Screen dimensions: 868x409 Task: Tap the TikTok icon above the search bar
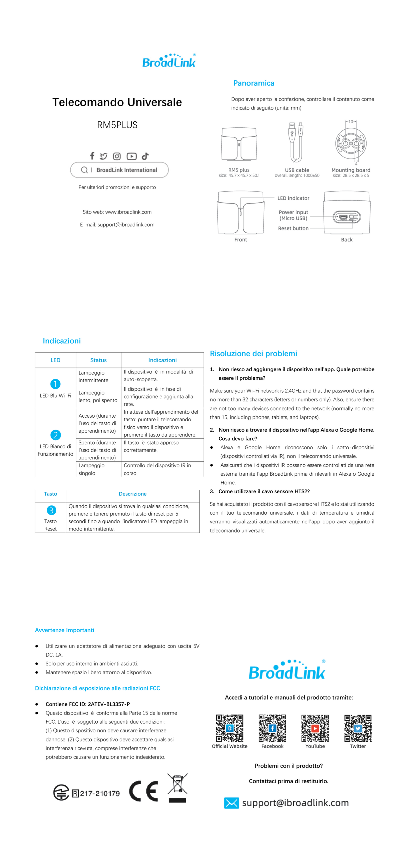tap(145, 156)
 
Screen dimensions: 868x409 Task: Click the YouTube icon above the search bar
tap(131, 156)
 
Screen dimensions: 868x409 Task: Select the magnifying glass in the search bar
tap(84, 170)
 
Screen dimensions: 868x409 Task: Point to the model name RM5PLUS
tap(117, 125)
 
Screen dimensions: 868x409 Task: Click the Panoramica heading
tap(253, 83)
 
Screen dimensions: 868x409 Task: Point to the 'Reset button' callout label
tap(293, 228)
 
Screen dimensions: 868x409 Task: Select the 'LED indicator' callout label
tap(293, 198)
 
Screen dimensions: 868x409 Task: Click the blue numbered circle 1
tap(55, 384)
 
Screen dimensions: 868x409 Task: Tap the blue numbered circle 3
tap(51, 510)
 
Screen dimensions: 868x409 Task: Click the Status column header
tap(98, 360)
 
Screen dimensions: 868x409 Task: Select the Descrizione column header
tap(132, 494)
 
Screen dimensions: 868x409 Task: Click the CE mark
tap(144, 790)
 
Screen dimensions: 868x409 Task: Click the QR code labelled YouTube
tap(315, 728)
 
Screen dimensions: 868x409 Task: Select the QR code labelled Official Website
tap(230, 728)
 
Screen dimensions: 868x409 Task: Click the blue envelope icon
tap(232, 803)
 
